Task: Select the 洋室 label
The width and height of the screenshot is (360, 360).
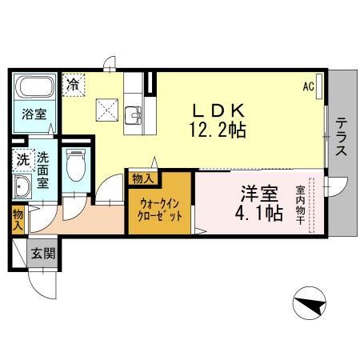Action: click(258, 194)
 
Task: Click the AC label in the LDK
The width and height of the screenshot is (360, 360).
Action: click(308, 86)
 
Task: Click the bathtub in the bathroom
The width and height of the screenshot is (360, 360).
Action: click(33, 88)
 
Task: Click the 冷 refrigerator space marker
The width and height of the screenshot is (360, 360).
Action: click(74, 82)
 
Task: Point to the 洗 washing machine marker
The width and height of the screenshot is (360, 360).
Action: click(22, 159)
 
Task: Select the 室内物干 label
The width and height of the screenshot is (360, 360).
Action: click(301, 205)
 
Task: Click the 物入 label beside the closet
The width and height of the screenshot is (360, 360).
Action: click(142, 178)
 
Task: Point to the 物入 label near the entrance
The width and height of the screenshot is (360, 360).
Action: click(18, 218)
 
